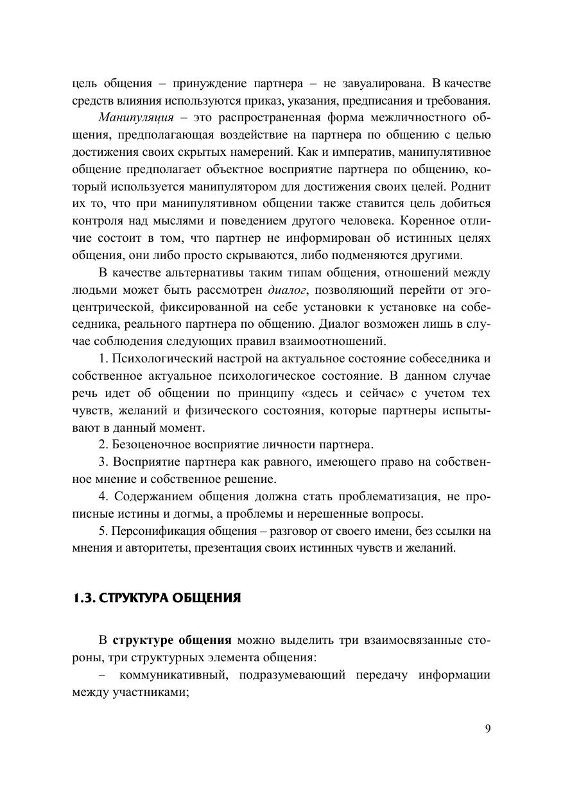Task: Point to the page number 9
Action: (488, 728)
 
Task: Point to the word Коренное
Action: (424, 221)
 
